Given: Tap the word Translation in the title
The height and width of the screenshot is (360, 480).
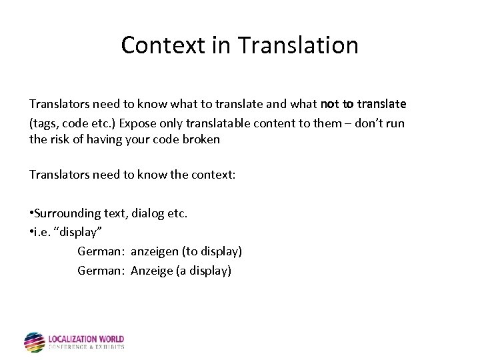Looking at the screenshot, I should (298, 45).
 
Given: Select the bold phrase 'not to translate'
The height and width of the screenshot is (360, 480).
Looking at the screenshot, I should (363, 105).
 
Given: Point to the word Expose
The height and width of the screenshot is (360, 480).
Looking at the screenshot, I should (137, 123).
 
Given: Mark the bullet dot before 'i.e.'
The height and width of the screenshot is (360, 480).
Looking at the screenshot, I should (31, 231).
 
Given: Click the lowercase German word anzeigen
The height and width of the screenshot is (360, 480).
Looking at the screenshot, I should (155, 252).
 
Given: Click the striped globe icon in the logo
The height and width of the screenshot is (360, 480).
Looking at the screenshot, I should (34, 342).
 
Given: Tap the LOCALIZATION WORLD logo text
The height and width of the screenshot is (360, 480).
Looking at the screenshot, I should (86, 339).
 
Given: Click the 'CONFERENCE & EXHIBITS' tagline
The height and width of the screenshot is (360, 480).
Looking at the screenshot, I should (86, 347).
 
